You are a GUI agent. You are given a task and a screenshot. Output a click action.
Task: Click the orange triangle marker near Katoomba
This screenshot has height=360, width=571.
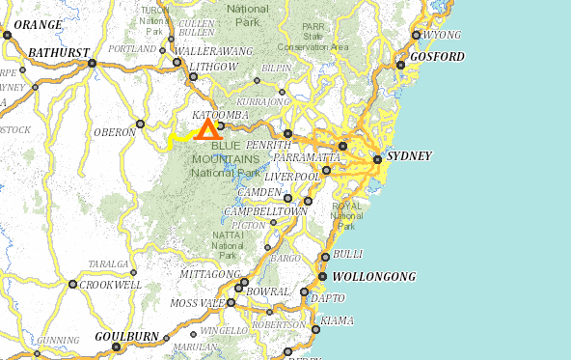point(206,129)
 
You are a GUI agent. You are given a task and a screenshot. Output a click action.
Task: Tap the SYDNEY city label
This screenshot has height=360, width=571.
point(409,156)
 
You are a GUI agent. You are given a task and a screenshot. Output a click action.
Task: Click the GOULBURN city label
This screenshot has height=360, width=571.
point(127,336)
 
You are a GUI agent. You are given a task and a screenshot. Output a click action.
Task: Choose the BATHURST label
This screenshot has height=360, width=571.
point(59,52)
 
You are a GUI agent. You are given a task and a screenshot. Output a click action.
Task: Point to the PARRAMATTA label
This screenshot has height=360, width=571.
point(308,156)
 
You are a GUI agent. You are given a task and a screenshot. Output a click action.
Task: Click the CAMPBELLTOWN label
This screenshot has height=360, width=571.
point(265,210)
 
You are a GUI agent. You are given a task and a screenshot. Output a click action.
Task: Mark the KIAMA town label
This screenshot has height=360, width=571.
point(336,319)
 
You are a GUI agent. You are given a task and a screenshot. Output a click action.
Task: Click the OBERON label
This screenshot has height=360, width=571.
point(115,131)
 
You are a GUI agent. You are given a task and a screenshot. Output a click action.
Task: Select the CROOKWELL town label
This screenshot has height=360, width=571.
point(113,285)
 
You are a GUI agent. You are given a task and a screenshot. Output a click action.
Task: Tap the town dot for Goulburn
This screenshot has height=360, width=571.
point(117,347)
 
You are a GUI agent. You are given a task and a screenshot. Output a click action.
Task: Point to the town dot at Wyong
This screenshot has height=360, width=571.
point(417,36)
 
